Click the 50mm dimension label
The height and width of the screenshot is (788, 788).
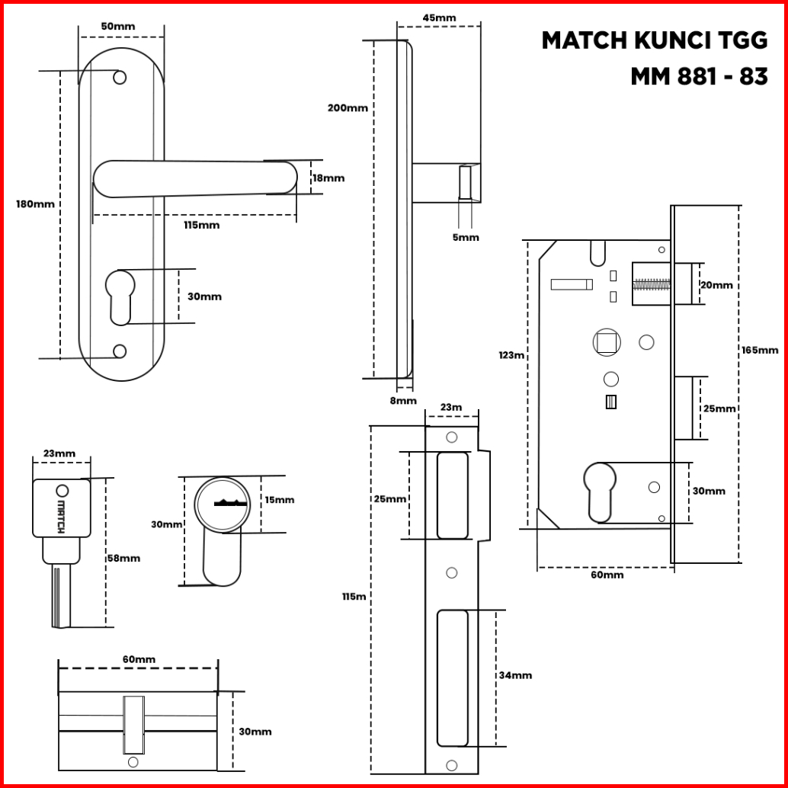[118, 27]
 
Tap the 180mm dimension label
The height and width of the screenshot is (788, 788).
[35, 204]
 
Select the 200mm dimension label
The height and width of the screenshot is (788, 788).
[348, 108]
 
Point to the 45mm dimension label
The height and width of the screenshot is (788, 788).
[439, 18]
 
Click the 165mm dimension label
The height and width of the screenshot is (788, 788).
[759, 350]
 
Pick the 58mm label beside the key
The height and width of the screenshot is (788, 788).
[123, 558]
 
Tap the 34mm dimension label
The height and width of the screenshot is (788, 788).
[515, 675]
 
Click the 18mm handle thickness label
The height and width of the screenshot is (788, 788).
[328, 178]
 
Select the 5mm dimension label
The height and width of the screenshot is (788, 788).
[466, 238]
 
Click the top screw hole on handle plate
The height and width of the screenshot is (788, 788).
[120, 78]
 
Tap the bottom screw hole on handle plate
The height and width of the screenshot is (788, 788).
[120, 351]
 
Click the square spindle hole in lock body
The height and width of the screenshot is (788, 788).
[606, 342]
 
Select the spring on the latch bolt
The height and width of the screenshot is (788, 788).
[652, 285]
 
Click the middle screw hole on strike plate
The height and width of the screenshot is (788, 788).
[452, 572]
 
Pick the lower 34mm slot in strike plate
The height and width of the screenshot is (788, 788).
[452, 677]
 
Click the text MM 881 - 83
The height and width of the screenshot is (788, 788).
[699, 77]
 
